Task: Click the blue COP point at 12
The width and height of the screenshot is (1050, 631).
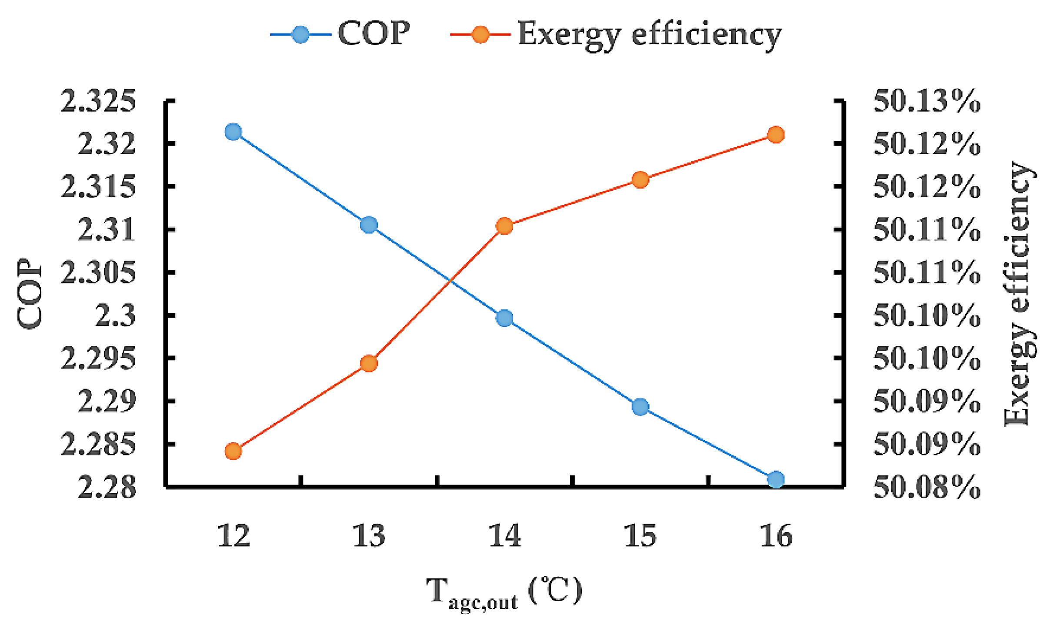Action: point(233,131)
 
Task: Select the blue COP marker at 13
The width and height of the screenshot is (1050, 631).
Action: point(369,225)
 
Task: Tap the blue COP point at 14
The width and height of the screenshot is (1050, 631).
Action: point(504,318)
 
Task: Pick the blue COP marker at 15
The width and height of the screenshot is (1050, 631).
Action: point(640,407)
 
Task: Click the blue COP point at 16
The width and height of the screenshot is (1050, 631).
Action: point(776,479)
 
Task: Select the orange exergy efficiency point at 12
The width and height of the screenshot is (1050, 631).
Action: point(233,451)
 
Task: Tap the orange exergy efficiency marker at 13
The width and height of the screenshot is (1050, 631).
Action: point(369,363)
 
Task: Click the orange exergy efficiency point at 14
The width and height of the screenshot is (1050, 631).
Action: point(504,226)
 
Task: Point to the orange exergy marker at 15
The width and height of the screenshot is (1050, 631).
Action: point(640,179)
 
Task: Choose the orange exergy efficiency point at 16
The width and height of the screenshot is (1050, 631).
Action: point(776,135)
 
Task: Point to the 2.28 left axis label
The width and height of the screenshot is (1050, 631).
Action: point(107,487)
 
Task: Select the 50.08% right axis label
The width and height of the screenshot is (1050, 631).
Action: point(927,487)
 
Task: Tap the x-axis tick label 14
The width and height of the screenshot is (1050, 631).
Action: point(504,535)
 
